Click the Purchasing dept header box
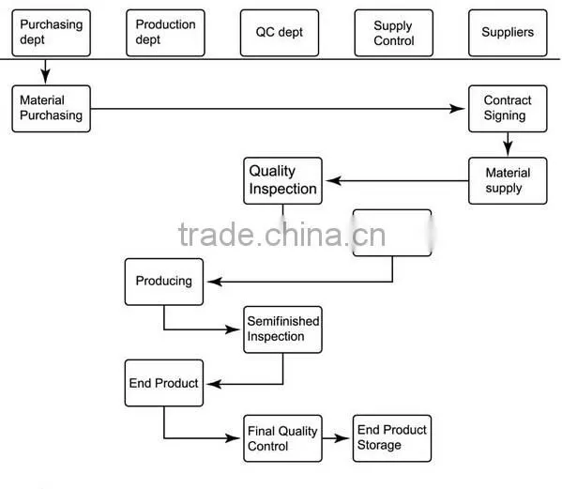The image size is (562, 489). pyautogui.click(x=52, y=33)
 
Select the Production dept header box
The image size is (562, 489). pyautogui.click(x=165, y=33)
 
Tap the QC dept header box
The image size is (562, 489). pyautogui.click(x=280, y=33)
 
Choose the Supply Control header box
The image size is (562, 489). pyautogui.click(x=394, y=33)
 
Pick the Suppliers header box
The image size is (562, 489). pyautogui.click(x=508, y=33)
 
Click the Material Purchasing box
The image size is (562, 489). pyautogui.click(x=52, y=109)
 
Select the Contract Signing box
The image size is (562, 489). pyautogui.click(x=508, y=109)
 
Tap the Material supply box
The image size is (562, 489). pyautogui.click(x=508, y=181)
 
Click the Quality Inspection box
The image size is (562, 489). pyautogui.click(x=282, y=181)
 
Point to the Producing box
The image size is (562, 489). pyautogui.click(x=164, y=282)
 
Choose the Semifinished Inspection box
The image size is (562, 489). pyautogui.click(x=282, y=329)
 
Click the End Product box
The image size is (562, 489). pyautogui.click(x=164, y=383)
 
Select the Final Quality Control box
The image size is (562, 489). pyautogui.click(x=282, y=438)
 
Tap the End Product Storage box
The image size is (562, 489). pyautogui.click(x=392, y=438)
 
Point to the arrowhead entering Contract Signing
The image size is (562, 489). pyautogui.click(x=457, y=109)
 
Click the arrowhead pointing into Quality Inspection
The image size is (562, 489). pyautogui.click(x=333, y=181)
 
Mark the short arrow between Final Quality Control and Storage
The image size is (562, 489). pyautogui.click(x=336, y=438)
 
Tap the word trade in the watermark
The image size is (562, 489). pyautogui.click(x=216, y=235)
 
